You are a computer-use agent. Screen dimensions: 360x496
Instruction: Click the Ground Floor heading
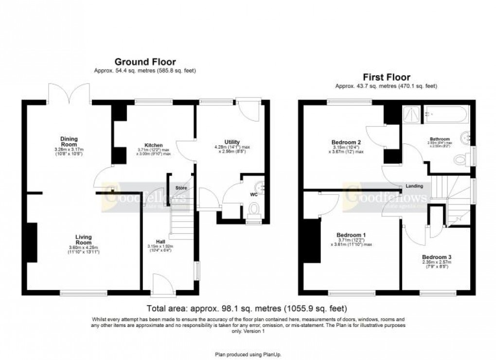click(145, 62)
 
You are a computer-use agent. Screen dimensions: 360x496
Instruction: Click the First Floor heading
click(386, 77)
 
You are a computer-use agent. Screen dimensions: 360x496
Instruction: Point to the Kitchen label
click(153, 145)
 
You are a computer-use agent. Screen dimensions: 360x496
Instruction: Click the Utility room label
click(232, 142)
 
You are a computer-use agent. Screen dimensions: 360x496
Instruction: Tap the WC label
click(253, 194)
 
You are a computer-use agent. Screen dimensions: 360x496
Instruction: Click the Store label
click(181, 188)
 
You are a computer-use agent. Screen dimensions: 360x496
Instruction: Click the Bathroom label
click(440, 138)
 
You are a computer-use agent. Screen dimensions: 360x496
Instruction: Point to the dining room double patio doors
click(70, 93)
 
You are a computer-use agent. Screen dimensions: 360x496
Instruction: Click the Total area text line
click(248, 308)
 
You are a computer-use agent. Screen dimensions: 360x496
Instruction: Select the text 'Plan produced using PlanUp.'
click(248, 355)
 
